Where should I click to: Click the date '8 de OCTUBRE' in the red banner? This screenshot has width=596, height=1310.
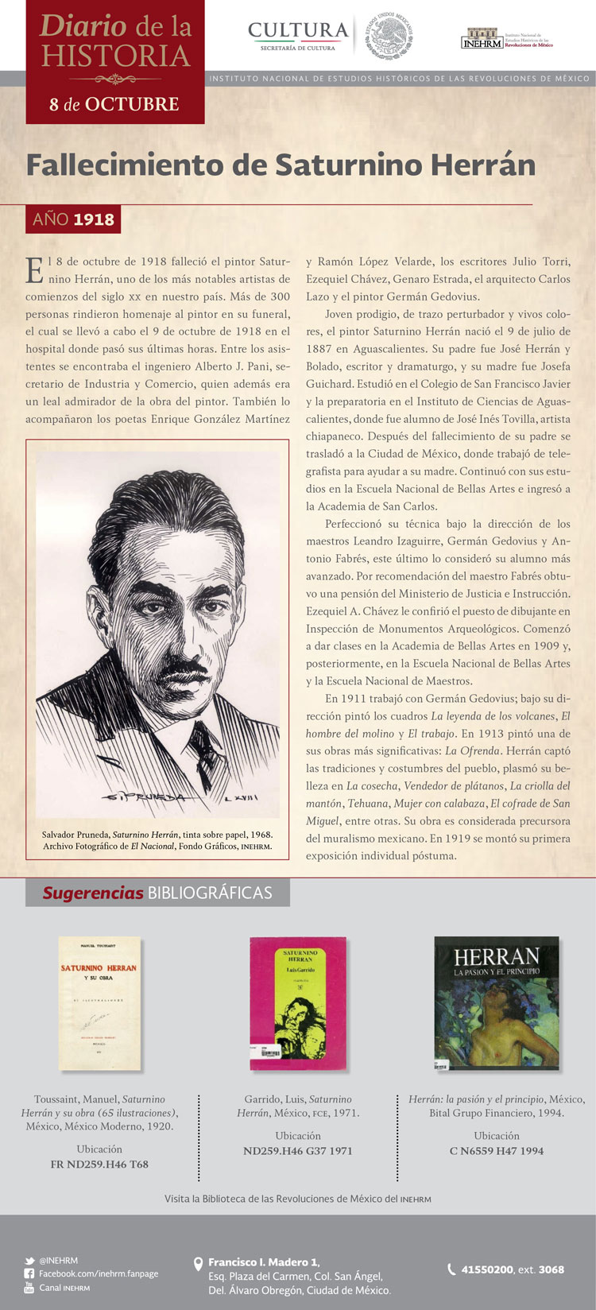[x=114, y=104]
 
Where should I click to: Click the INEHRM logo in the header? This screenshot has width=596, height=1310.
[x=482, y=39]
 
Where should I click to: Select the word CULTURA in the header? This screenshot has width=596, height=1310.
[x=298, y=30]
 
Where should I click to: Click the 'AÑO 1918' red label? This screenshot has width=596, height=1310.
[x=73, y=219]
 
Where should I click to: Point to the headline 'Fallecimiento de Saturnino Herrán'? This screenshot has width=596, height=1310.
[x=281, y=165]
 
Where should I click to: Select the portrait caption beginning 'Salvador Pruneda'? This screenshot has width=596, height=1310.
[x=157, y=840]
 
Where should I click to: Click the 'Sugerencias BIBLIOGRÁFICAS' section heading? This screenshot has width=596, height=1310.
[x=157, y=893]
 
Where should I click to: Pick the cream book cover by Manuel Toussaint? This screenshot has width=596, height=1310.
[x=99, y=1002]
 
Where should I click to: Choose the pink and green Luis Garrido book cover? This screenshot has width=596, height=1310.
[x=298, y=1002]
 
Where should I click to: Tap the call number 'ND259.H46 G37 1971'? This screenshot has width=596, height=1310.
[x=298, y=1150]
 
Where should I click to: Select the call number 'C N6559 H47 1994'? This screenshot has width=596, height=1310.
[x=497, y=1150]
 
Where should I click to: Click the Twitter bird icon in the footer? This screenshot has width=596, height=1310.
[x=29, y=1261]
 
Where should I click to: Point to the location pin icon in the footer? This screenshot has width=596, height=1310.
[x=199, y=1264]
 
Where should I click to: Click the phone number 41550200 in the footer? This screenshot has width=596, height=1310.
[x=487, y=1269]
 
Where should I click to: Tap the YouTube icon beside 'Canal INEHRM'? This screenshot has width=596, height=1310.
[x=29, y=1287]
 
